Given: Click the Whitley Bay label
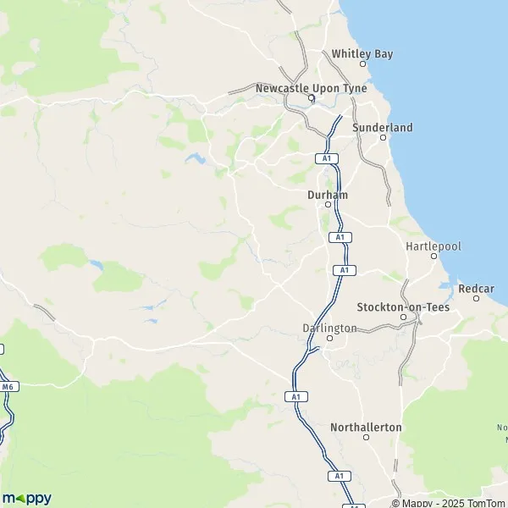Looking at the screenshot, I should [362, 53].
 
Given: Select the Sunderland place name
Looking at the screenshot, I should [382, 127].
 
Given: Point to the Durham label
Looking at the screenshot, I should [328, 194].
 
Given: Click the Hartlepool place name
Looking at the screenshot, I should [433, 246].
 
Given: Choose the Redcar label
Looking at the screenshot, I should [476, 289].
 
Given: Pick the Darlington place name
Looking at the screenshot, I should [329, 328].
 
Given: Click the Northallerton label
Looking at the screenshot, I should [366, 428].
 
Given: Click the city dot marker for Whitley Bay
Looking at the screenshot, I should [363, 63].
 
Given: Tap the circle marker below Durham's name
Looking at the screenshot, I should [329, 204].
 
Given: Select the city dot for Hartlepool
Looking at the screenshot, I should [434, 256].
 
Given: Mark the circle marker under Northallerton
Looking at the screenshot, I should [367, 438].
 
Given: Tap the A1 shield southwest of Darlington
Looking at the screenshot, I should [295, 396].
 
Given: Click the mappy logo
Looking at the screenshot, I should [27, 497].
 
